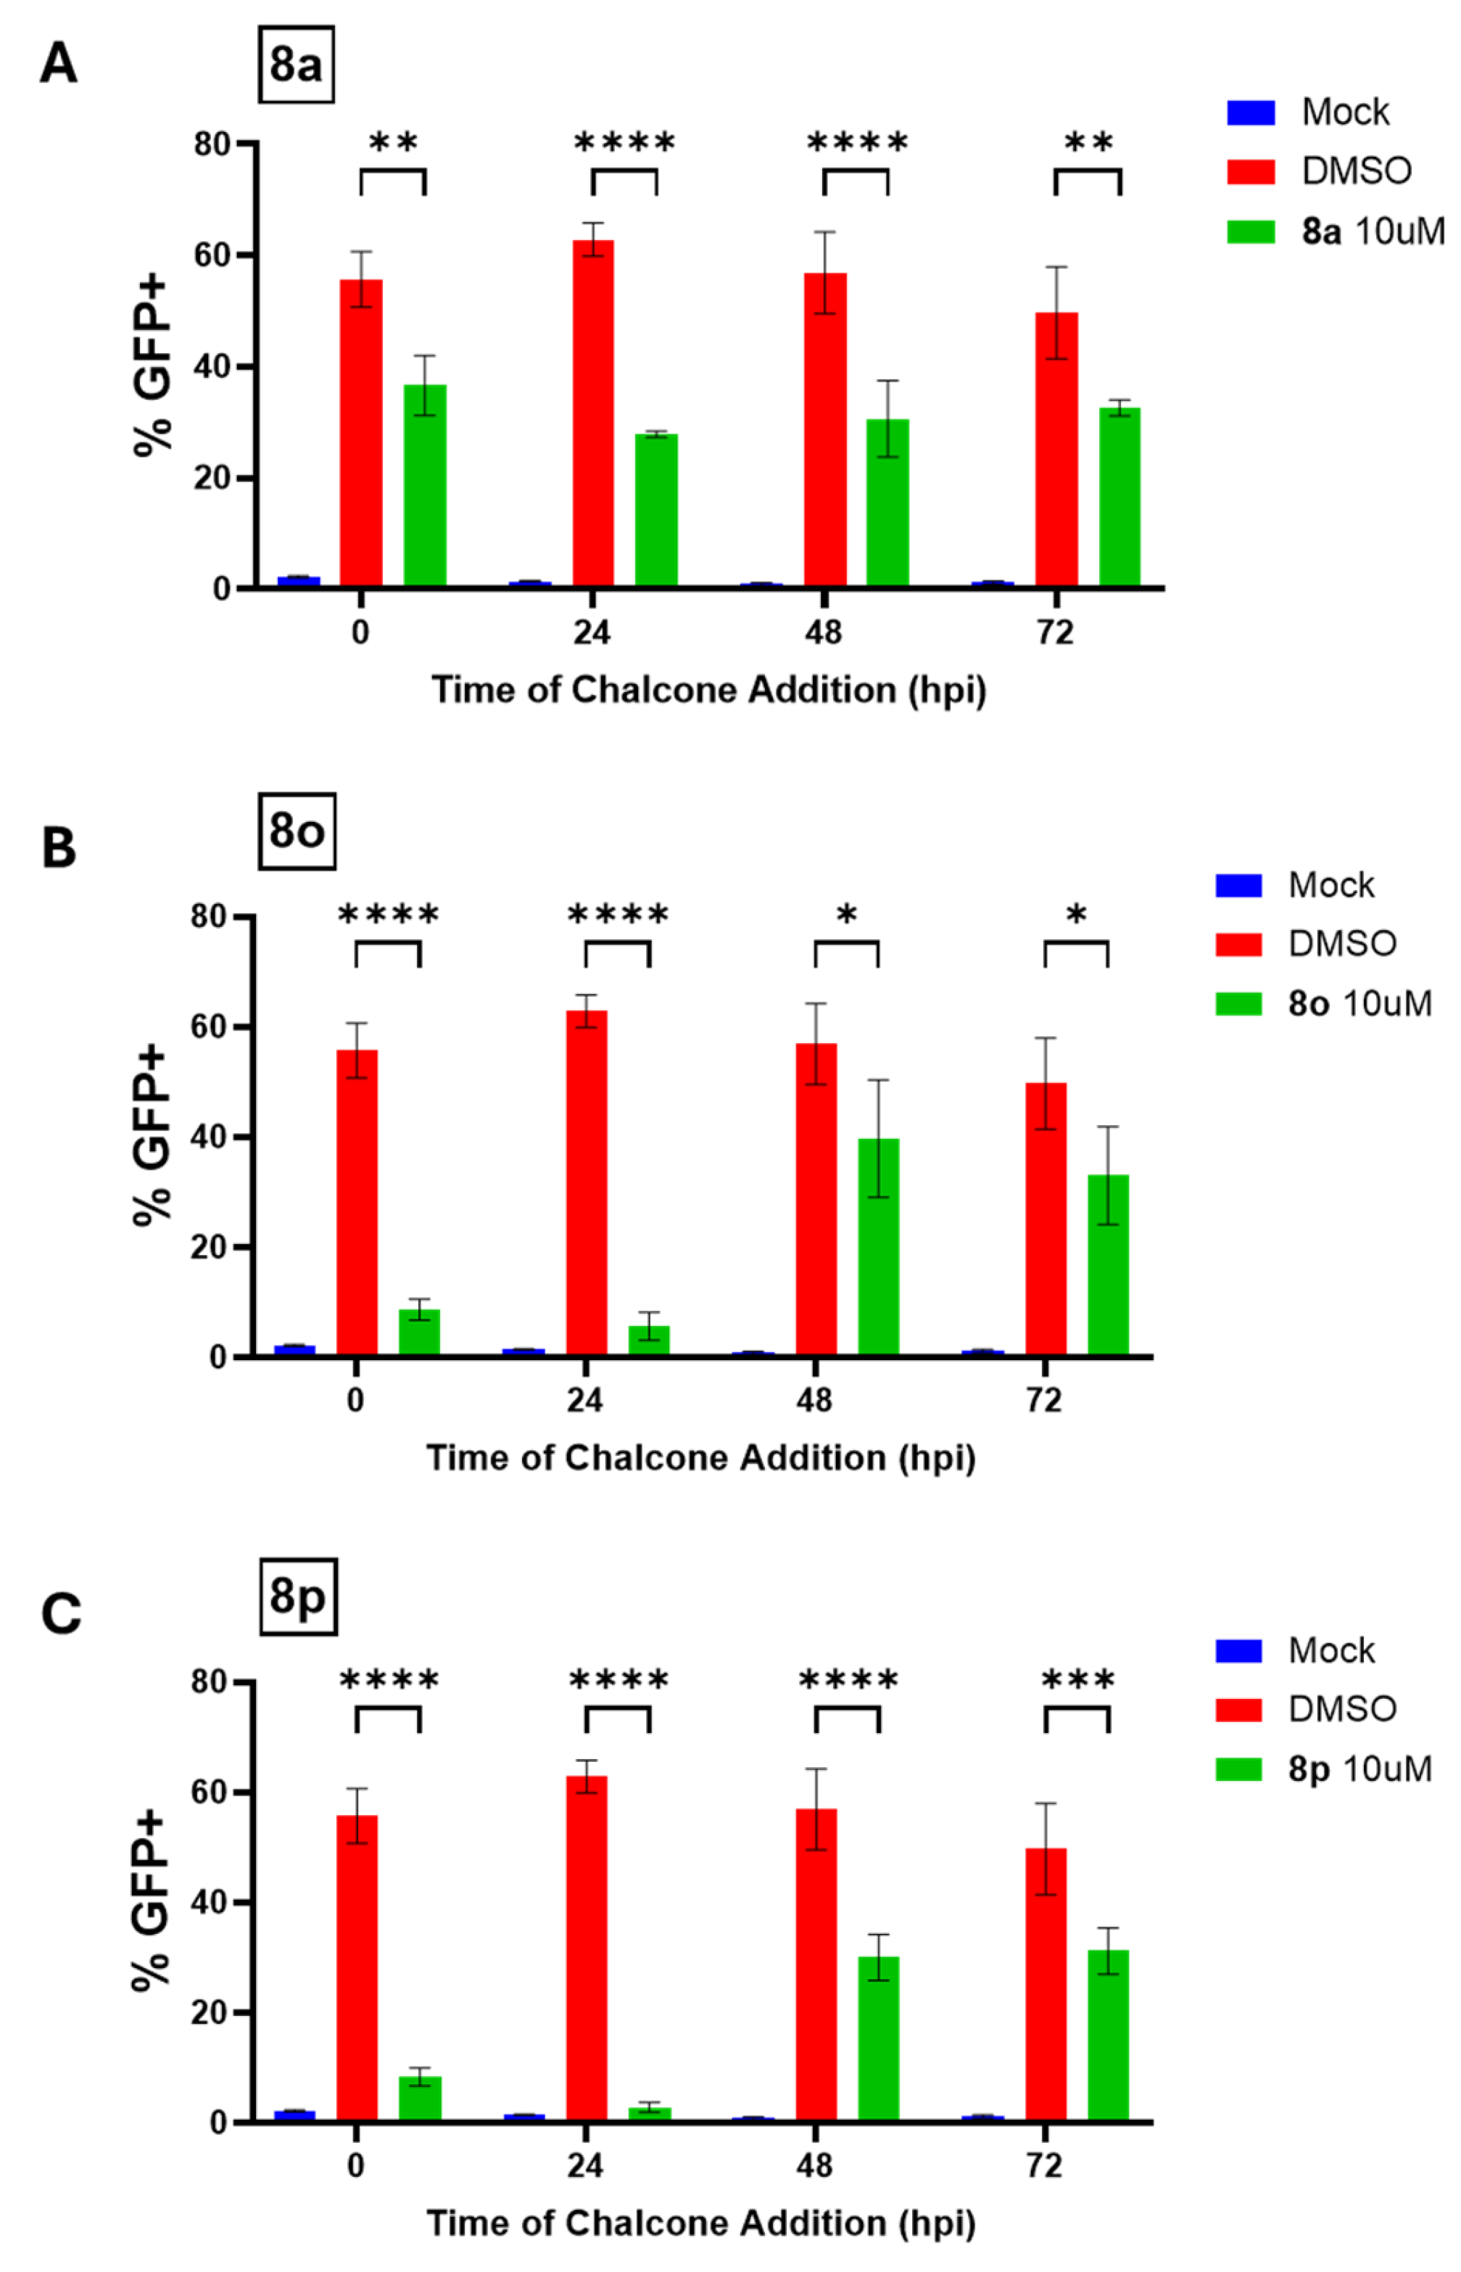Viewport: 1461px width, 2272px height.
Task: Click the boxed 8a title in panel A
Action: tap(296, 65)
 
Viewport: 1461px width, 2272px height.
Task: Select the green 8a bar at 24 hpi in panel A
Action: tap(655, 510)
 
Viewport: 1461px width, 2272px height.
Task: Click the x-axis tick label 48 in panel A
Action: tap(822, 632)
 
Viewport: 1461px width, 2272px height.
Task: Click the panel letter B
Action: tap(59, 847)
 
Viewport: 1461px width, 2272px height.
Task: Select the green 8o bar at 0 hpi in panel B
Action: tap(418, 1332)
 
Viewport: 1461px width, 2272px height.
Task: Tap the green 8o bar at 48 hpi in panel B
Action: tap(879, 1246)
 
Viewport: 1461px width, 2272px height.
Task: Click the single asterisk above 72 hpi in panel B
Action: tap(1076, 915)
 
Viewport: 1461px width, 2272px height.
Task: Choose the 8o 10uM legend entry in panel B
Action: tap(1359, 1004)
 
